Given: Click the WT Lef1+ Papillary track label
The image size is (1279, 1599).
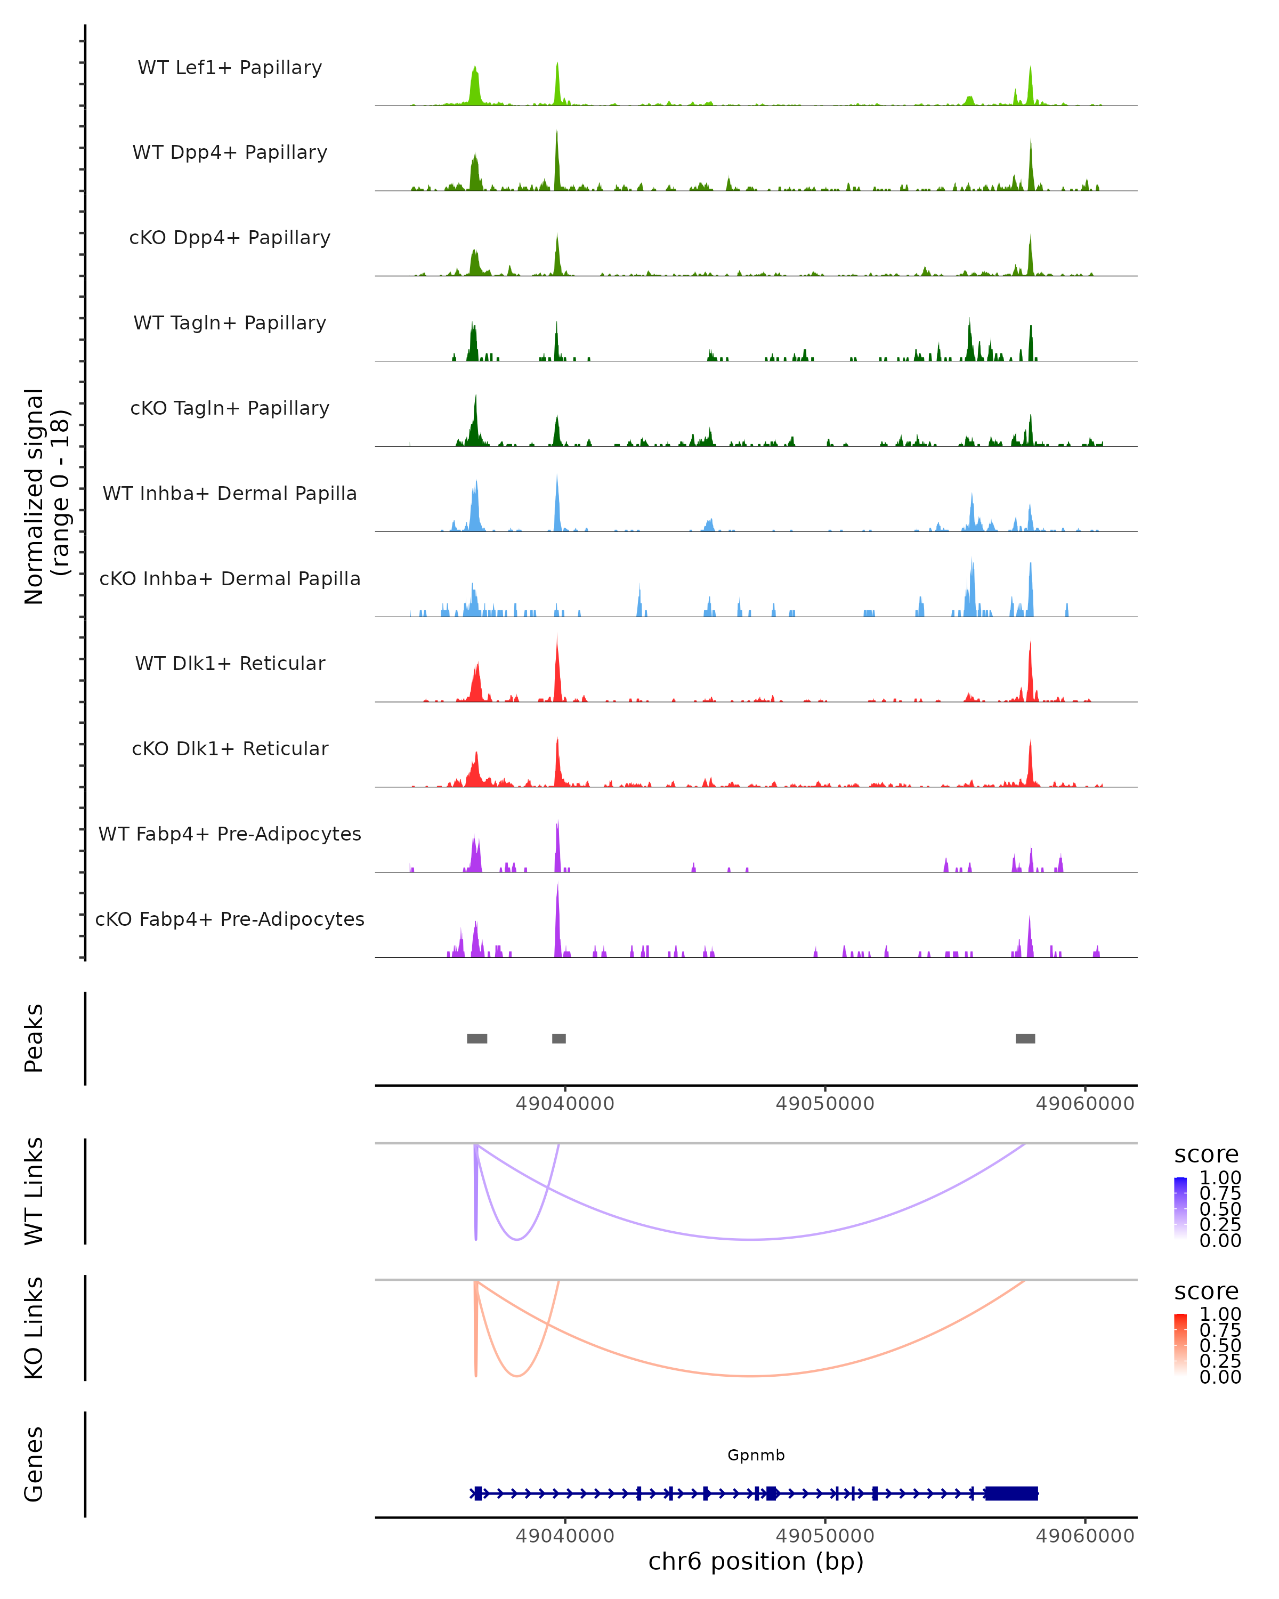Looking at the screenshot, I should point(230,68).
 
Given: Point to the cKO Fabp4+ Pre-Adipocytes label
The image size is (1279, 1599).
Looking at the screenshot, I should point(230,919).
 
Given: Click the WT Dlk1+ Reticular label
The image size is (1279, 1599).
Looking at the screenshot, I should point(230,663).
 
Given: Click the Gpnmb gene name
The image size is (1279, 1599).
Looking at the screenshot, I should point(756,1455).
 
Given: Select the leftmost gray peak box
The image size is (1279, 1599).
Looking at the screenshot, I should point(477,1038).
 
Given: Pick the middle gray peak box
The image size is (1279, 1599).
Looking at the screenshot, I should point(559,1038).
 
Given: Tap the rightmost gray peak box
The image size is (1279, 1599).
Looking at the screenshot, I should point(1025,1038).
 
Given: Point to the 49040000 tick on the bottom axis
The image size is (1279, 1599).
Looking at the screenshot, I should point(565,1536).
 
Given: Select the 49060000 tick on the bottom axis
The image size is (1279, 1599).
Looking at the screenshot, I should point(1084,1536).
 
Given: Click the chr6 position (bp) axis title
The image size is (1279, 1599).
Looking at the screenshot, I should point(756,1562).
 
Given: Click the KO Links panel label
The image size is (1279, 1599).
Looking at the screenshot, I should point(34,1328).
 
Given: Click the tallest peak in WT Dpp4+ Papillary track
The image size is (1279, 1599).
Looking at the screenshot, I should point(557,159).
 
